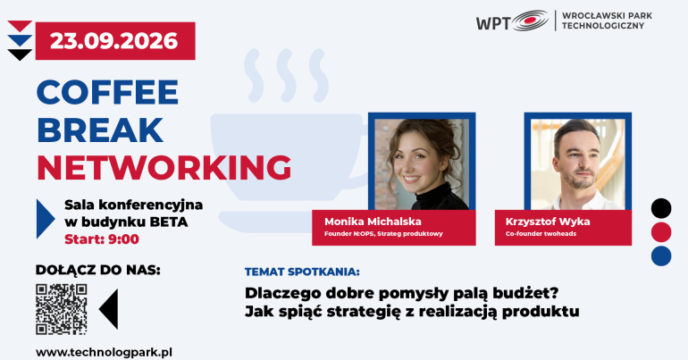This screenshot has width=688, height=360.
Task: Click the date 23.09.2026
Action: (x=114, y=41)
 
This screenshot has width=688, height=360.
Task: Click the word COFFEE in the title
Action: (x=107, y=92)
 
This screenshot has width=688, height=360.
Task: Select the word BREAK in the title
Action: (x=100, y=130)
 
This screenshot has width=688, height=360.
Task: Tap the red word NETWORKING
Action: (x=164, y=168)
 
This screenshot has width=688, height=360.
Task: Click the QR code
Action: (x=62, y=309)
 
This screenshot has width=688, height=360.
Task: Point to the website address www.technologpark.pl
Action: (x=104, y=353)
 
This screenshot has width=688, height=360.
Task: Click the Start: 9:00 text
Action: (x=102, y=239)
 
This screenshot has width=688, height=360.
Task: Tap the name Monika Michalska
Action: (x=373, y=222)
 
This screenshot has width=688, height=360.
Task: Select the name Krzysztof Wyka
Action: (x=548, y=222)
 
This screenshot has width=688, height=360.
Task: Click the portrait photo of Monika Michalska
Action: (x=422, y=164)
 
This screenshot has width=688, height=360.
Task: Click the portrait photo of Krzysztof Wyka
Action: (x=578, y=164)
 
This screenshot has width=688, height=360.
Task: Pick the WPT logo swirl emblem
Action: (x=530, y=21)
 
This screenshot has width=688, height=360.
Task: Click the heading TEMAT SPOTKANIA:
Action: (x=302, y=272)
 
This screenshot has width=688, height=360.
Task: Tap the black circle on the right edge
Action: (x=661, y=208)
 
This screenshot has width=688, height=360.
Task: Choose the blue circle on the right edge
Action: (x=661, y=256)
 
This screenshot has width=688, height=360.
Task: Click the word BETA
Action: (x=169, y=222)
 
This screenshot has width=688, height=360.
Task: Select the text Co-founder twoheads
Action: (x=541, y=234)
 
